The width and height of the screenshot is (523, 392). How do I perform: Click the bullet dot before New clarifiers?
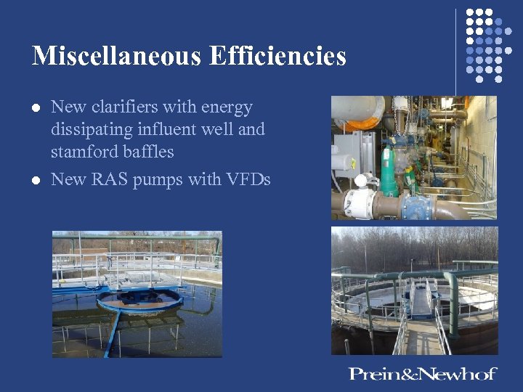coord(35,108)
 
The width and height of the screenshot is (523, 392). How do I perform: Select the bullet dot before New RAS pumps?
coord(35,180)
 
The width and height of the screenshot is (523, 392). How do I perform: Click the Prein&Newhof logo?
coord(423,374)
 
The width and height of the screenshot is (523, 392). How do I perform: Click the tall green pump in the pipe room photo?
coord(389,171)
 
